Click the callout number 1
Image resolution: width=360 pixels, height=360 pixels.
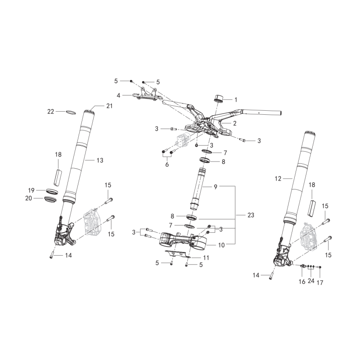[235, 100]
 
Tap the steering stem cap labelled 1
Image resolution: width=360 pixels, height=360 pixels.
[219, 98]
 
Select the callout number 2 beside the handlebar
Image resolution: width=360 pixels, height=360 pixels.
[234, 123]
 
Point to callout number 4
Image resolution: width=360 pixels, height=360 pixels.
[118, 95]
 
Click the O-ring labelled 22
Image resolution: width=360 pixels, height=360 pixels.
[71, 112]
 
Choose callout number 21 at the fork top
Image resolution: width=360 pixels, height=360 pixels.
[109, 106]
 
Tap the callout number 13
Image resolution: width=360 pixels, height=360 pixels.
[100, 160]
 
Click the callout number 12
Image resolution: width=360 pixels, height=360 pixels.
[278, 179]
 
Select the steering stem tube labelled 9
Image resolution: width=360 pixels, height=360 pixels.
[197, 189]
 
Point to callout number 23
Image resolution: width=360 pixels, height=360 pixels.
[251, 215]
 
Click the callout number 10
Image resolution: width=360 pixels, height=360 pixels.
[221, 245]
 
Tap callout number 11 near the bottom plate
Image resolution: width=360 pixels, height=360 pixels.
[206, 258]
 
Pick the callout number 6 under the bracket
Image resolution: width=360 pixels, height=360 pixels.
[167, 164]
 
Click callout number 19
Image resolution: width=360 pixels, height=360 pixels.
[31, 190]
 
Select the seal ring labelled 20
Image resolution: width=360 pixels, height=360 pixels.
[50, 199]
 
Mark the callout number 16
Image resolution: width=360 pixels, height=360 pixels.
[302, 282]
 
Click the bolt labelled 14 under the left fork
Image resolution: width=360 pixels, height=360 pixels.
[51, 255]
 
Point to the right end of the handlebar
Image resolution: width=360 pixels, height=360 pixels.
[280, 113]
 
